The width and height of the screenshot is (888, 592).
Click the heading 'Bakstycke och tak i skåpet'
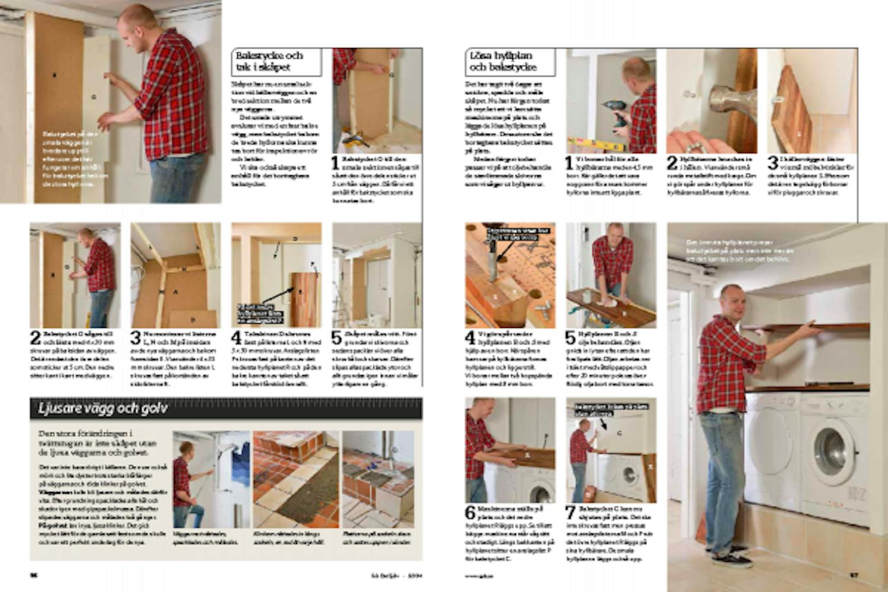(269, 62)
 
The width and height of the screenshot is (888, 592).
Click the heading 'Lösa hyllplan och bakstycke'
(503, 62)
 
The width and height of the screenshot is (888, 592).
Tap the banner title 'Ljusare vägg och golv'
(103, 408)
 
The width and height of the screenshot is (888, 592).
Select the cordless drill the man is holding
(616, 113)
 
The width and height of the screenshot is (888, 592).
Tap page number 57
(854, 575)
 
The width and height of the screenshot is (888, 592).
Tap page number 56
(34, 575)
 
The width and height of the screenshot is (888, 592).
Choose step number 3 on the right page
(773, 163)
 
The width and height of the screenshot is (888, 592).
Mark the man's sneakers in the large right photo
(732, 557)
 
